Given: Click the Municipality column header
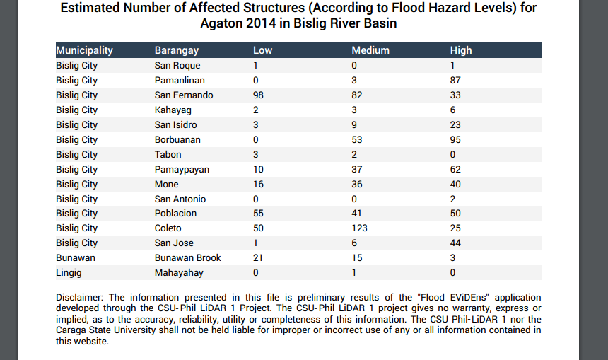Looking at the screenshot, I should (84, 50).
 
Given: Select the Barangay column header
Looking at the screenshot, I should (177, 50).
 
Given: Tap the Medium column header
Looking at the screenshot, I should (370, 50).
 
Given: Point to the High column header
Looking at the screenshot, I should (461, 50).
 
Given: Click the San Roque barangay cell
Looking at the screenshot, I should (177, 66).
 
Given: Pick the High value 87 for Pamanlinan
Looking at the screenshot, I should (455, 81).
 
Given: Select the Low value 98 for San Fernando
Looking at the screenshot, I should (259, 95).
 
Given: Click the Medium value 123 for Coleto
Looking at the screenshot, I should (360, 228).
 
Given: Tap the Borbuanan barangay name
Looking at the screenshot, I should (177, 140).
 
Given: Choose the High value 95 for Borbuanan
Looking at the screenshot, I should (455, 140).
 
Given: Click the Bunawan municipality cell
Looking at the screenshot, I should (75, 258).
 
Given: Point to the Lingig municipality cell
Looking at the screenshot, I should (69, 273).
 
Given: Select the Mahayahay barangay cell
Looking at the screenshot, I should (179, 273).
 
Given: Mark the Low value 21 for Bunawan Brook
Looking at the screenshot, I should (258, 258).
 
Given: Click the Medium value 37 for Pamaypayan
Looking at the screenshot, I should (357, 170).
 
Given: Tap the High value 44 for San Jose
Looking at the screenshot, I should (455, 243).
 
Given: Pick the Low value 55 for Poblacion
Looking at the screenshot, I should (259, 214).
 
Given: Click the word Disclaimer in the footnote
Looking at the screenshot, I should (80, 297).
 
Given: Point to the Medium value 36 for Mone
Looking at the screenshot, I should (357, 185).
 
